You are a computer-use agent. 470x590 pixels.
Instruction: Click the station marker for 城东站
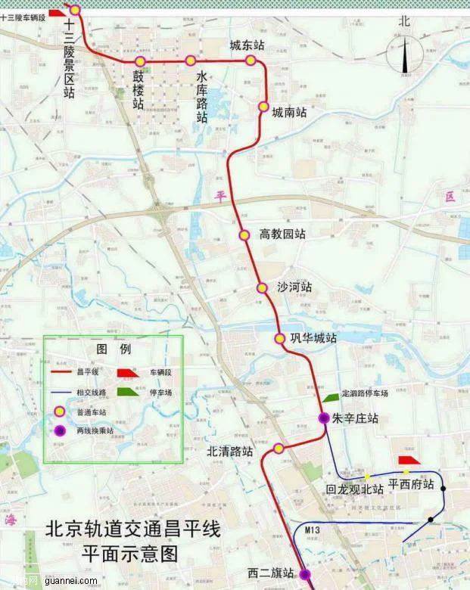point(251,61)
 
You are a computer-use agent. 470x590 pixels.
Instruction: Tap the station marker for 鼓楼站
point(140,61)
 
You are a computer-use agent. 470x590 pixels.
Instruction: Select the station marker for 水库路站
point(190,61)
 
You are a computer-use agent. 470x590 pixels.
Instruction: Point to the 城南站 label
point(290,113)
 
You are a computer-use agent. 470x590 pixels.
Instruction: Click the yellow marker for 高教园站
point(244,234)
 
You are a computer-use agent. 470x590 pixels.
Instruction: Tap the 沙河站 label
point(294,288)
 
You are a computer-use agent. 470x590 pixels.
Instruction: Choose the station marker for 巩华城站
point(279,338)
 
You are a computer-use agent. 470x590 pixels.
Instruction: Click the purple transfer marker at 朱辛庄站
point(323,418)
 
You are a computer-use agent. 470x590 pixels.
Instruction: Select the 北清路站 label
point(231,452)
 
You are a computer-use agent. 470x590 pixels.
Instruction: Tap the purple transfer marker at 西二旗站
point(304,574)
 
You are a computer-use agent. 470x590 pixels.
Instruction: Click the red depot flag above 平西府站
point(409,461)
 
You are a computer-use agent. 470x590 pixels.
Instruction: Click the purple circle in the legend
point(59,430)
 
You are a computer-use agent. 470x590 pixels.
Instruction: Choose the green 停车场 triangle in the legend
point(127,393)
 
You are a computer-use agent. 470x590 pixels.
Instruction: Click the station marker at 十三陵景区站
point(75,9)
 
